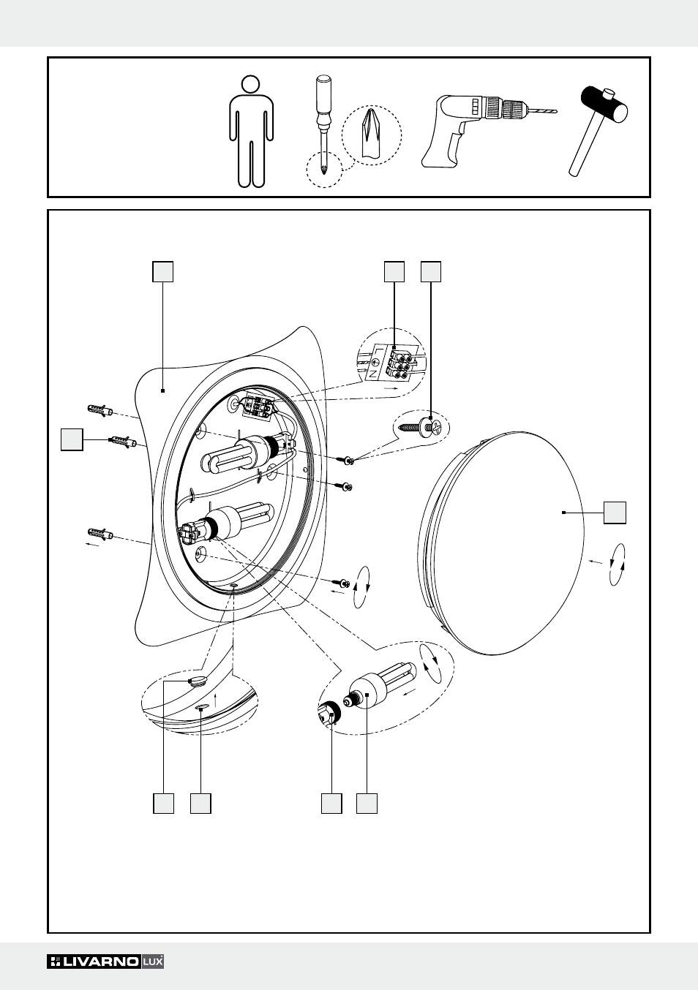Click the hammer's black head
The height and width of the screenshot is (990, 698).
pyautogui.click(x=604, y=103)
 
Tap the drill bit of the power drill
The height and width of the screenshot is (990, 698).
pyautogui.click(x=542, y=111)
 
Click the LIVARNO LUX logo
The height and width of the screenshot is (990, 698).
pyautogui.click(x=105, y=961)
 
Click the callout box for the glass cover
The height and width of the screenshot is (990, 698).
pyautogui.click(x=615, y=513)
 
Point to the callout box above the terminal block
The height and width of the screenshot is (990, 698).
pyautogui.click(x=394, y=271)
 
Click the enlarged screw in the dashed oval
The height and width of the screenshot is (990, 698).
pyautogui.click(x=421, y=427)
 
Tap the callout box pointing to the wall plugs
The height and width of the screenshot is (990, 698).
pyautogui.click(x=72, y=440)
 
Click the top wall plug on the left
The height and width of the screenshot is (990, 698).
pyautogui.click(x=100, y=409)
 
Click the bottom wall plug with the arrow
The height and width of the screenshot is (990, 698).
pyautogui.click(x=100, y=534)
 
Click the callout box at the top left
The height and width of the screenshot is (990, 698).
pyautogui.click(x=162, y=271)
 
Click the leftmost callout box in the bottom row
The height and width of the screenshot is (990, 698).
pyautogui.click(x=163, y=802)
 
